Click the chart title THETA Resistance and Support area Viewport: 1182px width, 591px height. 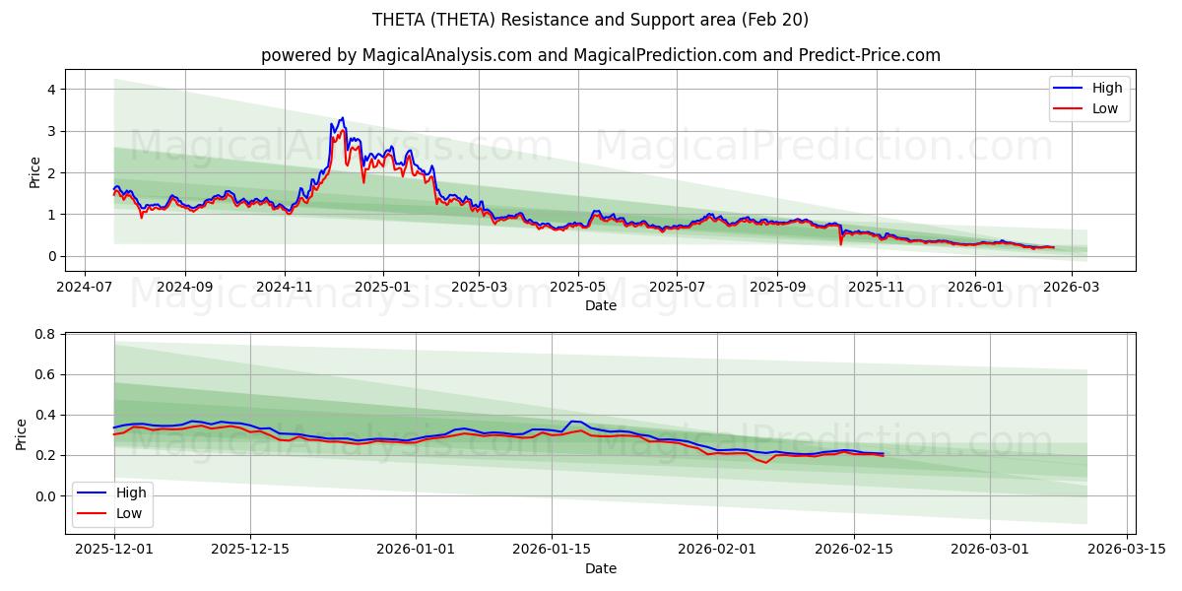[590, 20]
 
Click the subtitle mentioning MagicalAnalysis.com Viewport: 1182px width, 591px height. [600, 55]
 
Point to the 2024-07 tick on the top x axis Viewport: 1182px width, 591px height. [84, 287]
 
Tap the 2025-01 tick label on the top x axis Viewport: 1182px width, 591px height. [382, 287]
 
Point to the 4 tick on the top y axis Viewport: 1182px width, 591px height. [49, 90]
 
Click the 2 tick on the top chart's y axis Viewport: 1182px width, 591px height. [49, 173]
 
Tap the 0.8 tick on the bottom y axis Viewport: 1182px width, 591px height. [43, 335]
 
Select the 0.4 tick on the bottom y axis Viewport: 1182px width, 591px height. [43, 416]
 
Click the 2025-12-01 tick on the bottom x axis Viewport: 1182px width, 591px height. [114, 550]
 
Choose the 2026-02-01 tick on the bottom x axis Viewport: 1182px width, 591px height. [717, 550]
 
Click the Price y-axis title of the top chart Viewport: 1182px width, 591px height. [35, 172]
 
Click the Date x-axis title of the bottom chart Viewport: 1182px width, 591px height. [600, 568]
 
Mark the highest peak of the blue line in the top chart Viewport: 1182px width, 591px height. [342, 118]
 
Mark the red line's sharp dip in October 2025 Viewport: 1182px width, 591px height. [840, 243]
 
